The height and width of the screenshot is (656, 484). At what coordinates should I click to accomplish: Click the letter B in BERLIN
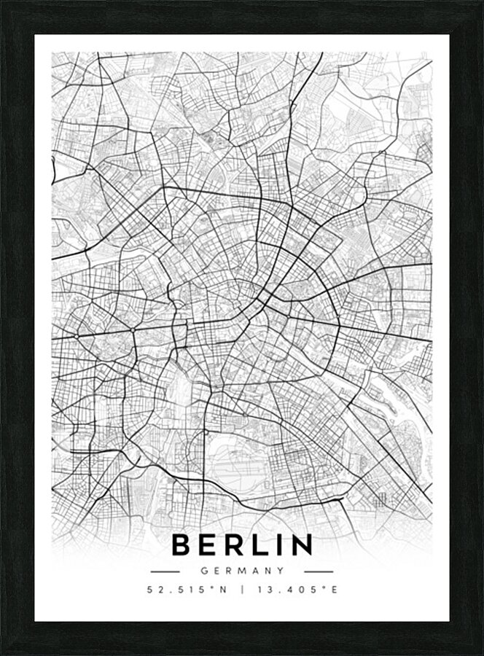181,545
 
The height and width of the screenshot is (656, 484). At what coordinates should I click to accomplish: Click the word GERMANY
242,571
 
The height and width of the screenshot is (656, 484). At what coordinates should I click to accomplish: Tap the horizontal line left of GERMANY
165,571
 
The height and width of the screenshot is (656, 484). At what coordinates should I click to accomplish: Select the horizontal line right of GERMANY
318,571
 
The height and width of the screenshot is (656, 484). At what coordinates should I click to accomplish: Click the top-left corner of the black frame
3,3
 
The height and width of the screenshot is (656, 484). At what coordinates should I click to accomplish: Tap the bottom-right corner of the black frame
480,652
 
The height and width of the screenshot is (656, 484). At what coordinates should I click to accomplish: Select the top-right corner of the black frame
480,3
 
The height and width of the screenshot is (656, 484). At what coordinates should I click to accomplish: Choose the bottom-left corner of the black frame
3,652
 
